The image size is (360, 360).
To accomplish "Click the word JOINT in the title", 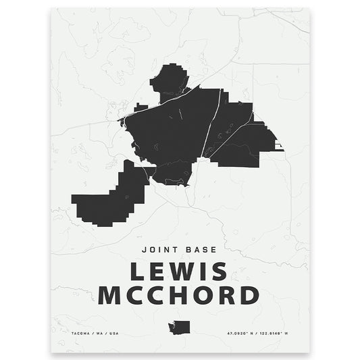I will pos(161,249).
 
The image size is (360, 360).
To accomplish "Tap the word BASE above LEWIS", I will pos(203,249).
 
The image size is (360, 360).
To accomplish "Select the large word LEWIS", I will pos(179,272).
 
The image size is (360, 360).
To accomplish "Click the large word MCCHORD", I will pos(179,295).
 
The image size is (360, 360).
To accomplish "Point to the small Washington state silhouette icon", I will pos(180,328).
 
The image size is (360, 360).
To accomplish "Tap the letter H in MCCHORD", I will pos(177,295).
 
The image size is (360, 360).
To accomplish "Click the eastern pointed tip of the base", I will pos(279,147).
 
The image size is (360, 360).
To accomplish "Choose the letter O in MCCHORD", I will pos(201,295).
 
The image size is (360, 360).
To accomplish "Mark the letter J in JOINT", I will pos(145,249).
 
